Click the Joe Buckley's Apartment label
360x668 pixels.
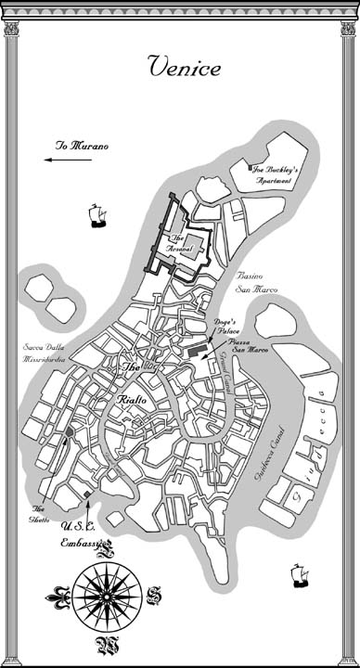point(272,174)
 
